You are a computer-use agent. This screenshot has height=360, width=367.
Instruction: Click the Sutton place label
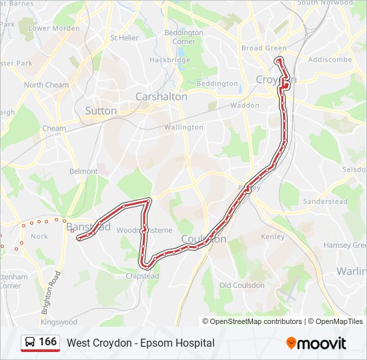pos(101,111)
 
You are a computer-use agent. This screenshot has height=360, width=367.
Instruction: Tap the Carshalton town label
pos(161,97)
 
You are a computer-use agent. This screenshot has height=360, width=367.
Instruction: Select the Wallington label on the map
pos(183,127)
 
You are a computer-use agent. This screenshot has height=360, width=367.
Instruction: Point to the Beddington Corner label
pos(184,37)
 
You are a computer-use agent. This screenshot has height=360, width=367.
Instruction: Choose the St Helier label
pos(124,37)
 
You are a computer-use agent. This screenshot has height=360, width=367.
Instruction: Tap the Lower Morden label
pos(54,29)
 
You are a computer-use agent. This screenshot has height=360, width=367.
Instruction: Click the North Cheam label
pos(46,85)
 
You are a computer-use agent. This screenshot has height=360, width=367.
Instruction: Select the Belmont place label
pos(83,171)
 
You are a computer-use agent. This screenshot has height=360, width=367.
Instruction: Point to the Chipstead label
pos(143,275)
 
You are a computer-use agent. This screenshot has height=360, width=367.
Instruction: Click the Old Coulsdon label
pos(242,285)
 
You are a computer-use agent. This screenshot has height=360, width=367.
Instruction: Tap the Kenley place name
pos(273,237)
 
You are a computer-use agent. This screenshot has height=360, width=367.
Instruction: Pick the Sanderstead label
pos(325,201)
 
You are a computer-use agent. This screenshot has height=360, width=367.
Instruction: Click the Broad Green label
pos(264,48)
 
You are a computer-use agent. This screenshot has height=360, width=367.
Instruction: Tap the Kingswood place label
pos(59,322)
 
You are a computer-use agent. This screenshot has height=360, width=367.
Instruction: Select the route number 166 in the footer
pos(48,342)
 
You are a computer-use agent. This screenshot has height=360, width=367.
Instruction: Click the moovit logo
pos(316,343)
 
